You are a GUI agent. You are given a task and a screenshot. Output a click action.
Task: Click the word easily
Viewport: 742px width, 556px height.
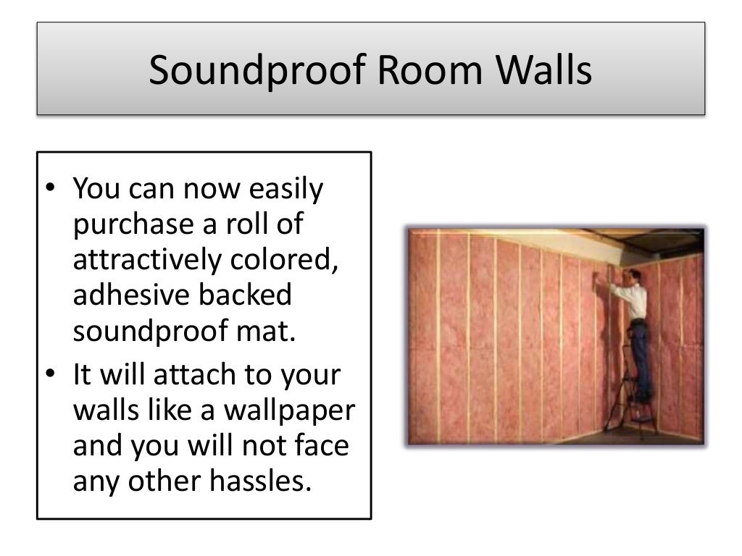coord(286,190)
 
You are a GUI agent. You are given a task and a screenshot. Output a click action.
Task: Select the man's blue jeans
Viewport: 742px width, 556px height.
coord(639,355)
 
